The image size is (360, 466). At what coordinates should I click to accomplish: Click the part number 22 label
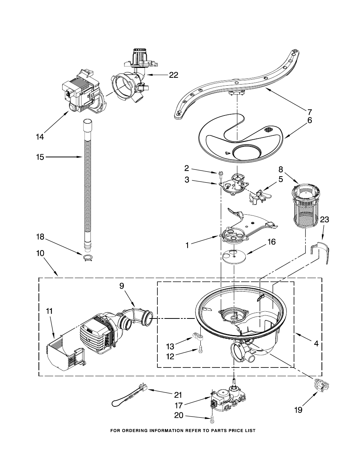pos(174,75)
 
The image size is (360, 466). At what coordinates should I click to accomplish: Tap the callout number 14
pos(40,137)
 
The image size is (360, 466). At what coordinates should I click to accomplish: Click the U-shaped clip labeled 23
pos(320,252)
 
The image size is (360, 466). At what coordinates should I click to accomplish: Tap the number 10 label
pos(40,253)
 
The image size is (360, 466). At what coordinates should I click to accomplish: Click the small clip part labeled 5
pos(260,196)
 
